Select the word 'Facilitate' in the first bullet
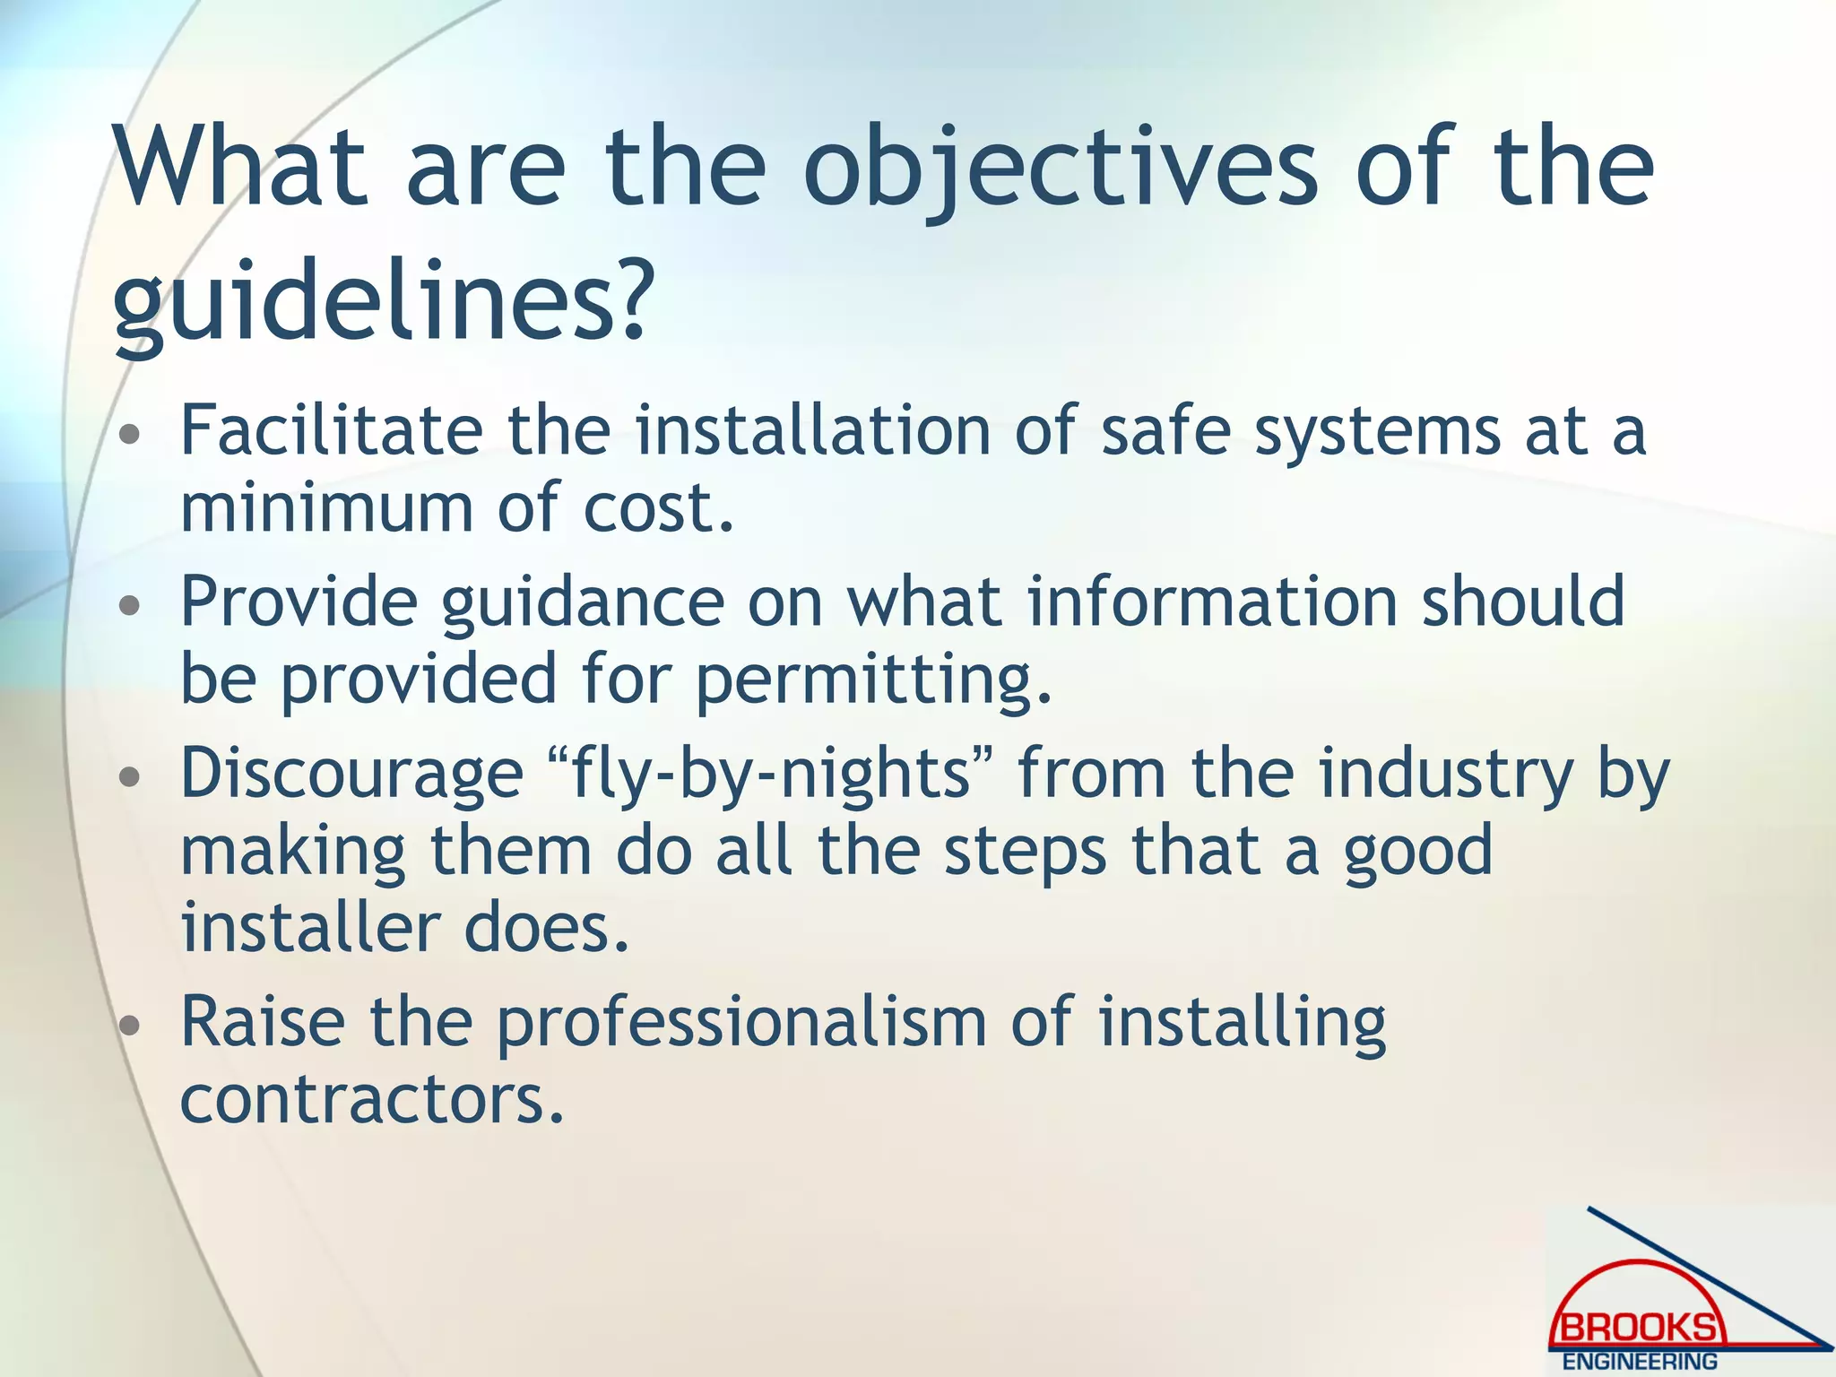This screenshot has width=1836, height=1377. [x=332, y=431]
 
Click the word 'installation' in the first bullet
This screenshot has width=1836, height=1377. [x=812, y=431]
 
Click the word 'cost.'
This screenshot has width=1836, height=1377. [x=659, y=508]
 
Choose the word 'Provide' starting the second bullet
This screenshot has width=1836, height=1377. [x=299, y=602]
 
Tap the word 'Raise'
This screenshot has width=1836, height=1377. [x=263, y=1023]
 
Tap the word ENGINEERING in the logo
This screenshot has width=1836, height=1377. [x=1640, y=1362]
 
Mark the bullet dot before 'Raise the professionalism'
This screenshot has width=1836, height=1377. [x=130, y=1026]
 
